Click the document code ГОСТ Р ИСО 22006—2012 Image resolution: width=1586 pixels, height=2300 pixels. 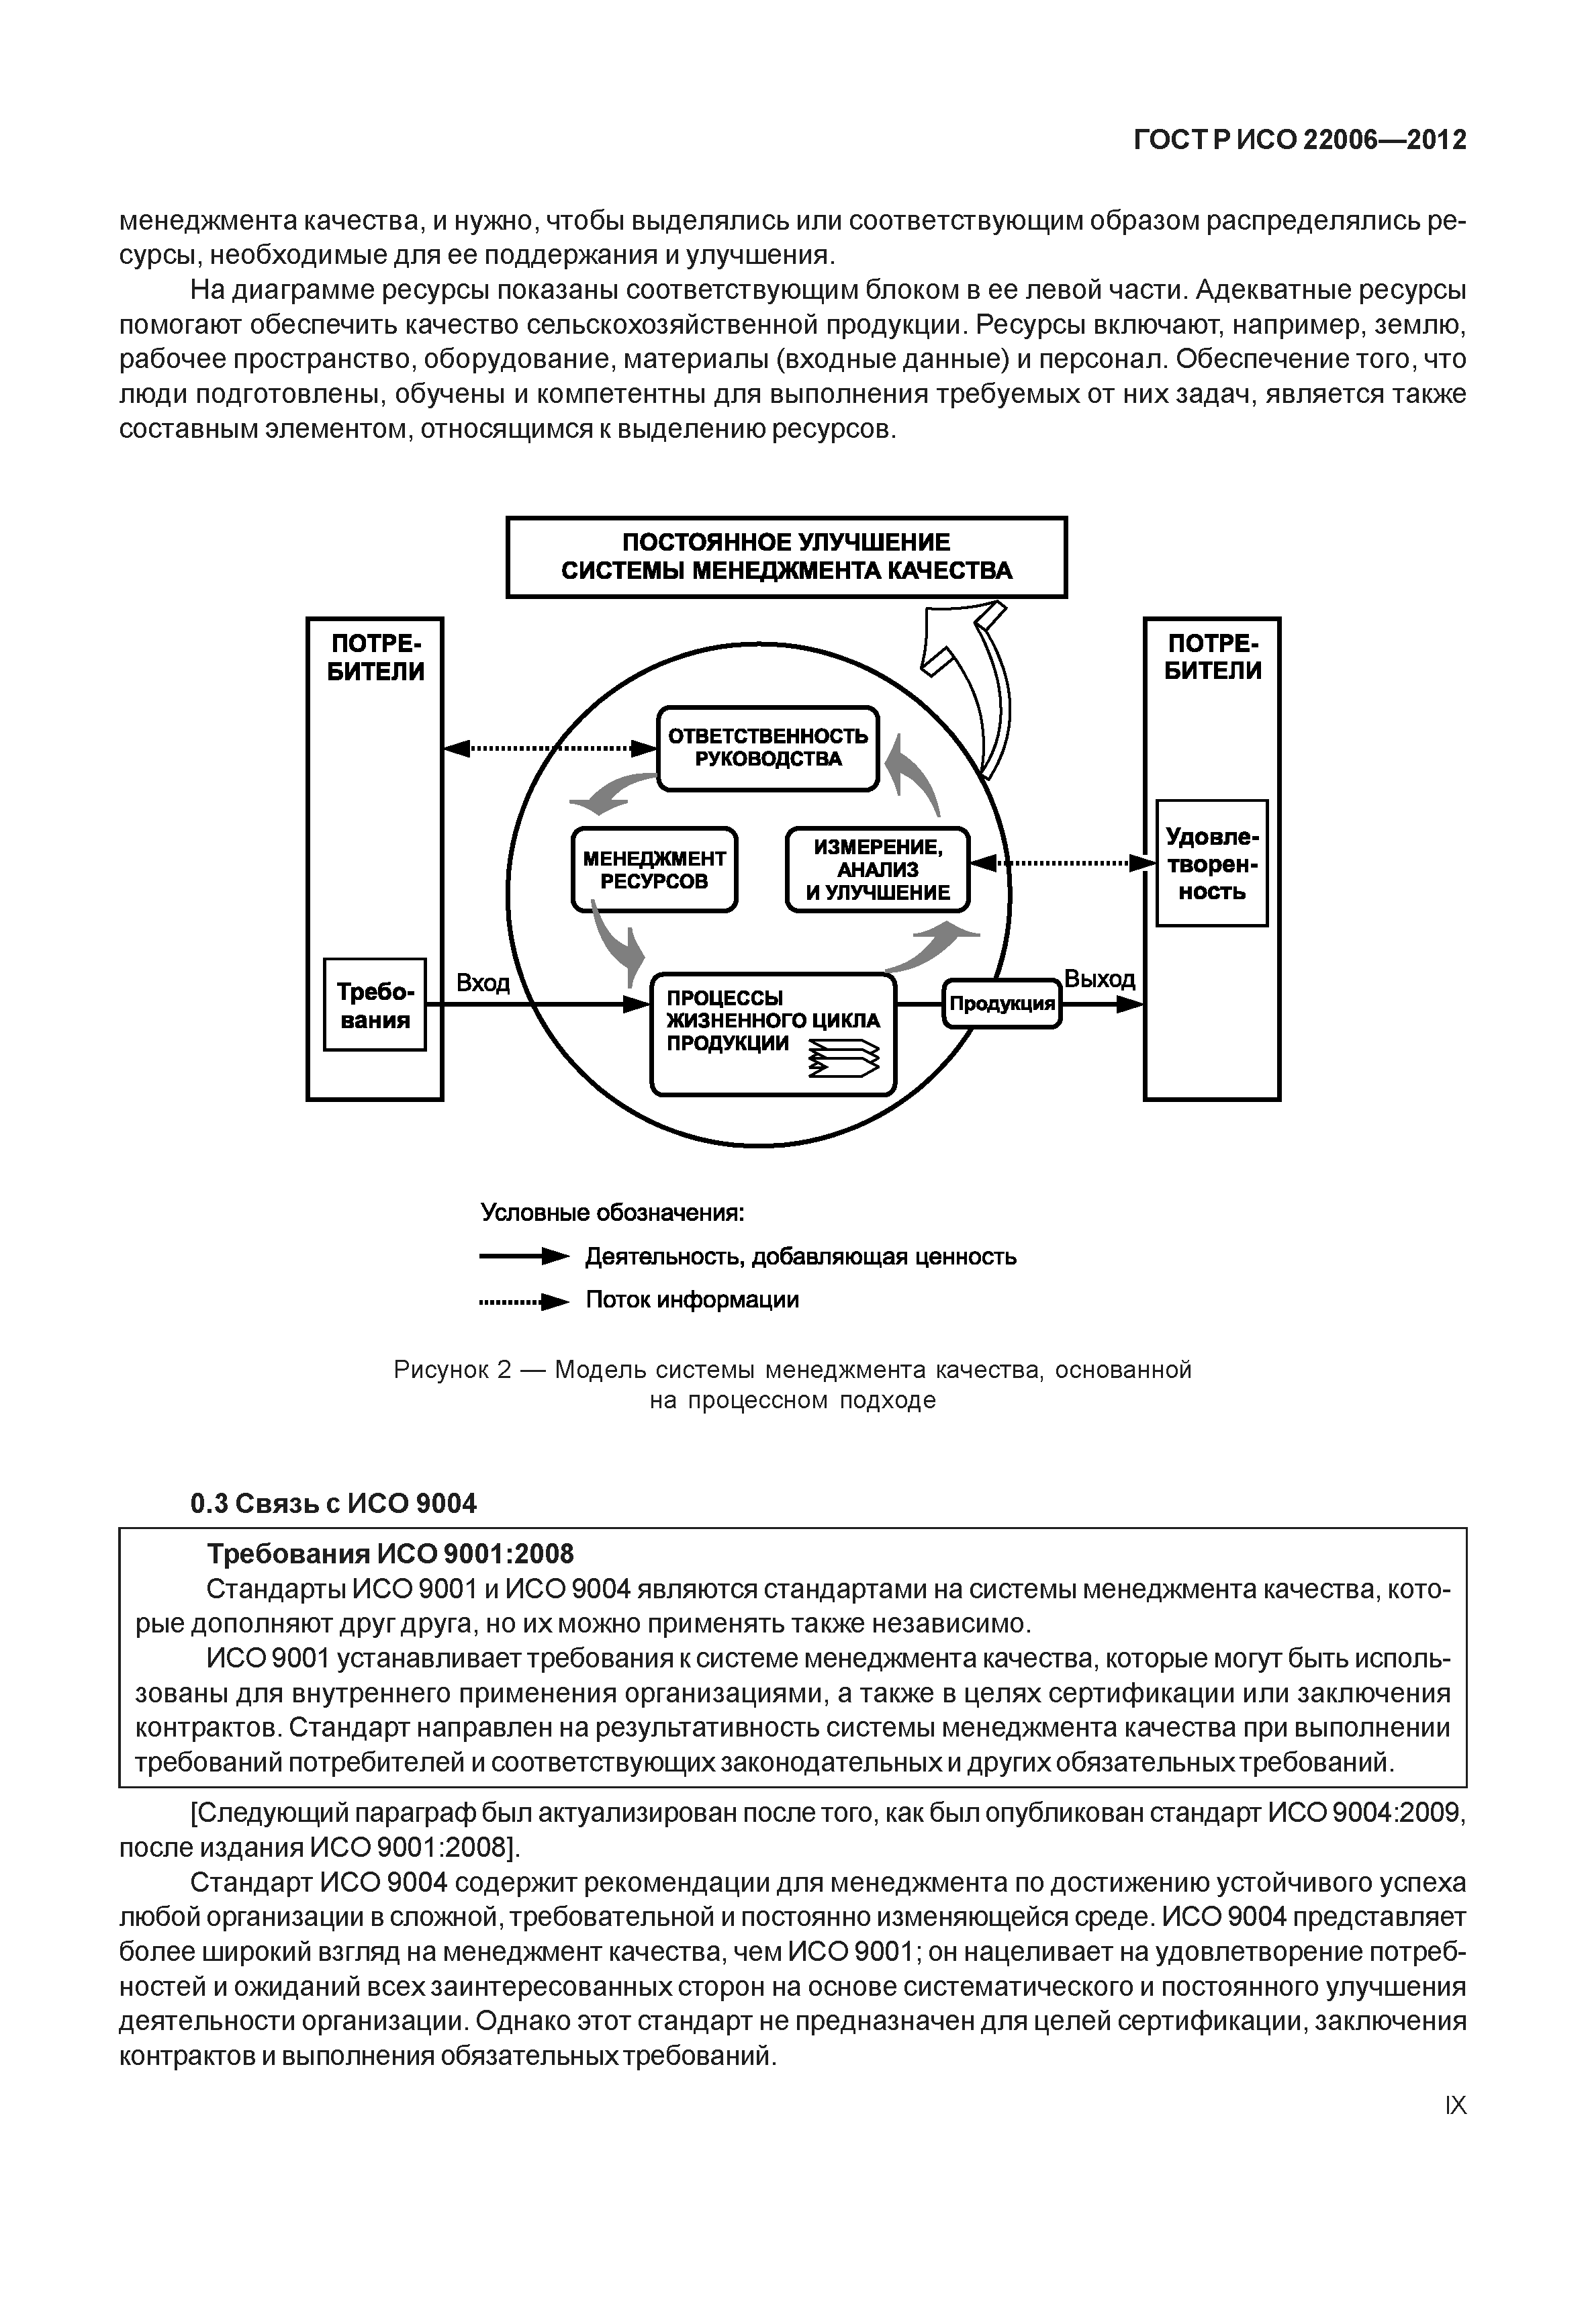pos(1300,140)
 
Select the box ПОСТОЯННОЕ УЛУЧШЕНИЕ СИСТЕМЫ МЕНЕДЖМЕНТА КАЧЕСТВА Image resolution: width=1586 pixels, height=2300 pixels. pos(786,557)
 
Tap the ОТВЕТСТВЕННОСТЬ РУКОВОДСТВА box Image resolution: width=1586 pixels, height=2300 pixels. pos(768,747)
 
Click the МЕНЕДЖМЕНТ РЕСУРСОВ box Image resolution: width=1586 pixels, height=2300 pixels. pos(654,870)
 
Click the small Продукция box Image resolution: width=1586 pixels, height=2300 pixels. pos(1002,1004)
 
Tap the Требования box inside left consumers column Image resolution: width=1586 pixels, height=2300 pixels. pos(375,1005)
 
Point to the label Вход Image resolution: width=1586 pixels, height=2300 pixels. pos(483,983)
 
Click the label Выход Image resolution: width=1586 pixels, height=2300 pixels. pos(1099,979)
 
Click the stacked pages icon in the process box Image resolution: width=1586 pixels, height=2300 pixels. pos(845,1058)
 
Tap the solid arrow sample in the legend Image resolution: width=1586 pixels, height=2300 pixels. pos(524,1257)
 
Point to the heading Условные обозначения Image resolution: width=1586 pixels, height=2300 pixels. pos(612,1213)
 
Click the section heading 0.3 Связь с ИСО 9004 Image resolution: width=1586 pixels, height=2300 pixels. pos(333,1503)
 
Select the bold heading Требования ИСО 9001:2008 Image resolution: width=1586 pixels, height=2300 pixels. pos(389,1553)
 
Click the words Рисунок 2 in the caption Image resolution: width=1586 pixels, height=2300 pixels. pos(452,1371)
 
